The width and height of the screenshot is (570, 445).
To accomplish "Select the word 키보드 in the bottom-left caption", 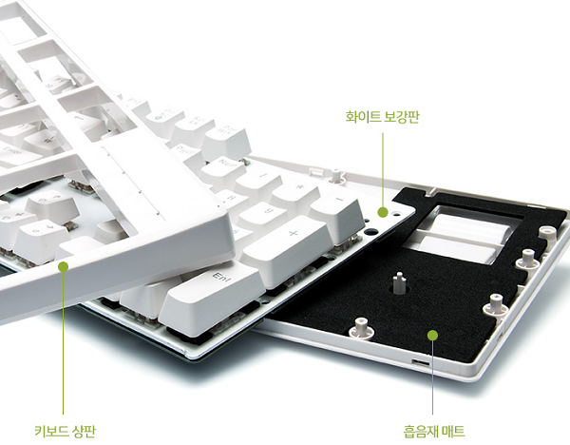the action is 51,431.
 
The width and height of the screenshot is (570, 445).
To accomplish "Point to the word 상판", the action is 84,431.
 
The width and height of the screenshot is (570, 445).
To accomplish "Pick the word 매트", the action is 453,432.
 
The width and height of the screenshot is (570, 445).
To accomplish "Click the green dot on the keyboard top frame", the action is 64,266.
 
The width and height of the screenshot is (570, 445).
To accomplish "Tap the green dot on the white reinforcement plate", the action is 383,212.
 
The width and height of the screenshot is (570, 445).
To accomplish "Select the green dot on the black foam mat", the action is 432,335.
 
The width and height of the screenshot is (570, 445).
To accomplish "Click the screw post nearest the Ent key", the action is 361,328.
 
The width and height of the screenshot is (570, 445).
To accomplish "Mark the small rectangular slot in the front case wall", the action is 420,362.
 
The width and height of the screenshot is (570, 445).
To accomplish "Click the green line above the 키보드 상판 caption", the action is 64,342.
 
